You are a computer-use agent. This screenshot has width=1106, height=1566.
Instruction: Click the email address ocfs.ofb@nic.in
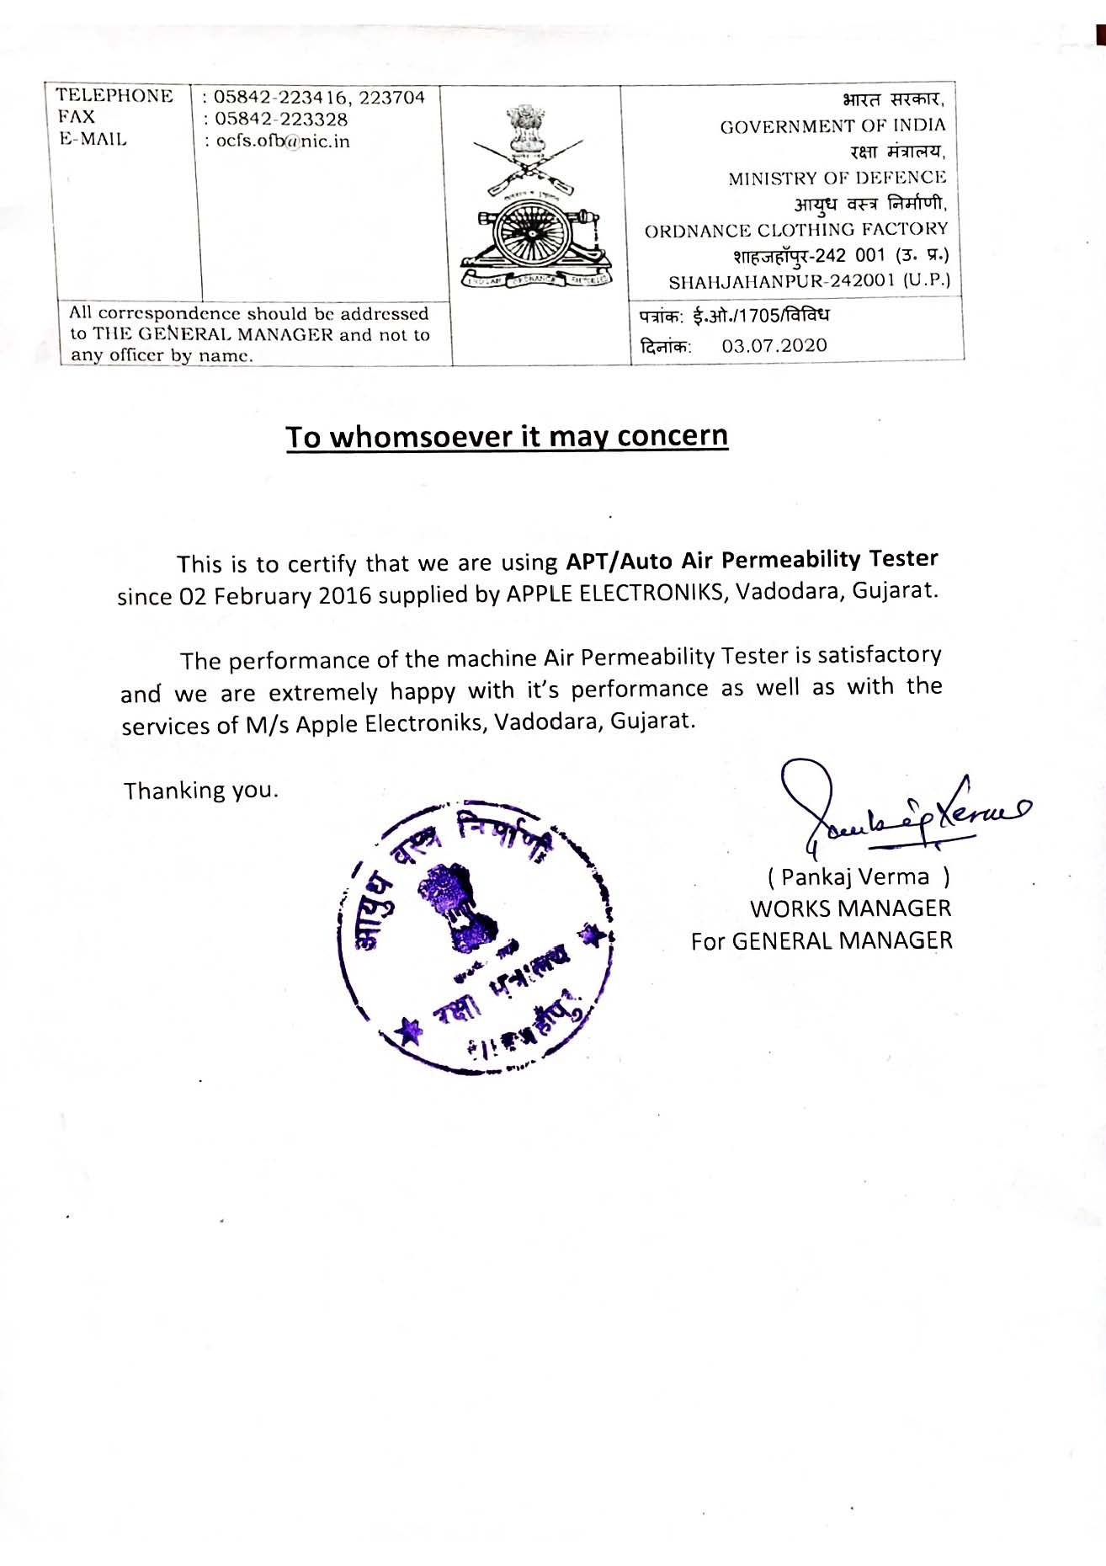pyautogui.click(x=283, y=141)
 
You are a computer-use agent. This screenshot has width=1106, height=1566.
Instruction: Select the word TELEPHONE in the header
pyautogui.click(x=114, y=96)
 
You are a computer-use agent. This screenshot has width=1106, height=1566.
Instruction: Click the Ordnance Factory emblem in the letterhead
pyautogui.click(x=536, y=200)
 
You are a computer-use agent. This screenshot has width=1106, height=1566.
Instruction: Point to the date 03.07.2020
pyautogui.click(x=774, y=345)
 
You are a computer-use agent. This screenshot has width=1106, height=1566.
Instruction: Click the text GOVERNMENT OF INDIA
pyautogui.click(x=832, y=126)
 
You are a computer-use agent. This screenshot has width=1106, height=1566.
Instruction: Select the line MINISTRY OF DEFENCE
pyautogui.click(x=837, y=178)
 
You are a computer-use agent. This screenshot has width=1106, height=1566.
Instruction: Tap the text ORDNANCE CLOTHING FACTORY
pyautogui.click(x=796, y=230)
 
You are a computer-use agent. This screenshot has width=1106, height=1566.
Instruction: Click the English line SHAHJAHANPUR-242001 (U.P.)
pyautogui.click(x=809, y=281)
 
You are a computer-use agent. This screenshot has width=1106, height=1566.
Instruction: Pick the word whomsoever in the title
pyautogui.click(x=420, y=437)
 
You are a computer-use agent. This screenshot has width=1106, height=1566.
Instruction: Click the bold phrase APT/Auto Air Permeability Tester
pyautogui.click(x=752, y=559)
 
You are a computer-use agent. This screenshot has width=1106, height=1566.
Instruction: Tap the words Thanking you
pyautogui.click(x=200, y=791)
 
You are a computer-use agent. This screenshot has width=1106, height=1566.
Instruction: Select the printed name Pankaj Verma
pyautogui.click(x=855, y=877)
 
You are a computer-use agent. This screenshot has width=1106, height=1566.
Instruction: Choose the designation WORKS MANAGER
pyautogui.click(x=850, y=908)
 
